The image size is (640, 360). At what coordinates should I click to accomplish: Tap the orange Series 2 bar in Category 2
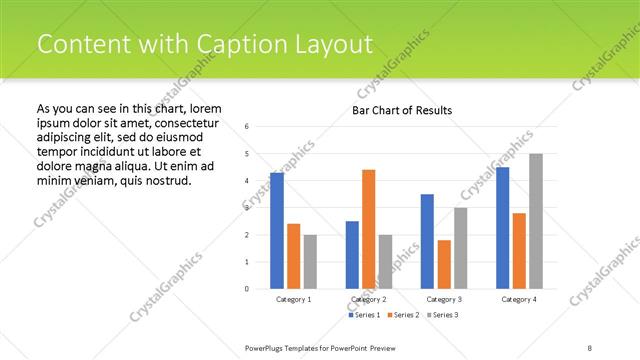pyautogui.click(x=368, y=229)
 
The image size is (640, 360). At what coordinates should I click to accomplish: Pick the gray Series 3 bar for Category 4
pyautogui.click(x=536, y=221)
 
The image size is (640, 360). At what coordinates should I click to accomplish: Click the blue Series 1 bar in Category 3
pyautogui.click(x=427, y=241)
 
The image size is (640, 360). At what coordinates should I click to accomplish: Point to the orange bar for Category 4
pyautogui.click(x=519, y=250)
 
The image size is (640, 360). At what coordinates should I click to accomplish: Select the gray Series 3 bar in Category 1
pyautogui.click(x=310, y=261)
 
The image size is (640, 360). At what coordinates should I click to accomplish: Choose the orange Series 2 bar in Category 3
pyautogui.click(x=444, y=264)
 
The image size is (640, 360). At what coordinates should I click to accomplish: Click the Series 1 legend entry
pyautogui.click(x=364, y=315)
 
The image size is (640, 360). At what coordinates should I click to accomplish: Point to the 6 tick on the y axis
pyautogui.click(x=248, y=127)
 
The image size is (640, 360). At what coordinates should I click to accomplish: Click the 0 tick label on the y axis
pyautogui.click(x=248, y=289)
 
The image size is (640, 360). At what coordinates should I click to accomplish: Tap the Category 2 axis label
pyautogui.click(x=368, y=299)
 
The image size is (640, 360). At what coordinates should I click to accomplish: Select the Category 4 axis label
pyautogui.click(x=519, y=299)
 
